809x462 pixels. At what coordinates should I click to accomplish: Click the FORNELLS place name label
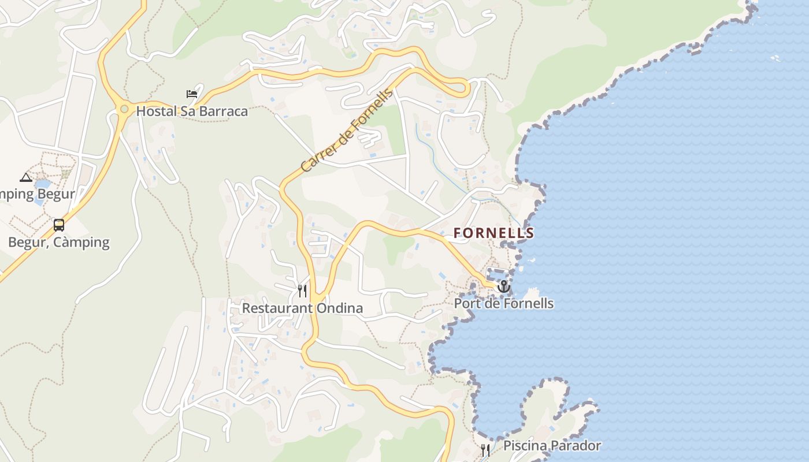(493, 233)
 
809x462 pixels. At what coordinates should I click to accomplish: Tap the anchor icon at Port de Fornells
(504, 286)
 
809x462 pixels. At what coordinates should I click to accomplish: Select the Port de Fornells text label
(504, 304)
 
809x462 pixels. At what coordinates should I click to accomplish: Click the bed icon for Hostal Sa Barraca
(192, 94)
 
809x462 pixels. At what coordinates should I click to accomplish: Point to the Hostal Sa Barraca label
(192, 111)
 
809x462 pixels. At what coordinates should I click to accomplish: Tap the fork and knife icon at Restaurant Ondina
(302, 290)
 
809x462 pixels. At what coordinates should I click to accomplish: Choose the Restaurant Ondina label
(302, 308)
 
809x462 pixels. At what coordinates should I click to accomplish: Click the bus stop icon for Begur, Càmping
(59, 225)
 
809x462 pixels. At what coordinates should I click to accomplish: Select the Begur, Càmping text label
(59, 242)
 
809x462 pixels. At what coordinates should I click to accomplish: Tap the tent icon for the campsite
(25, 177)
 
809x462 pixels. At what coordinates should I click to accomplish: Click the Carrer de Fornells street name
(347, 131)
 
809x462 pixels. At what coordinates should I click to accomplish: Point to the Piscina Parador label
(552, 446)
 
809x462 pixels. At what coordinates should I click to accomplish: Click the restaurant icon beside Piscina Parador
(485, 450)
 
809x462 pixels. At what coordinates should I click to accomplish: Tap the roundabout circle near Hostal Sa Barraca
(124, 109)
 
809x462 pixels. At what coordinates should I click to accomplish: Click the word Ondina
(340, 308)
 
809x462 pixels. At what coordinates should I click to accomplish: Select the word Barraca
(222, 111)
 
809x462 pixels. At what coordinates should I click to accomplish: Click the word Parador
(574, 446)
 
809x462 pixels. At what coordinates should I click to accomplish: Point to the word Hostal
(156, 111)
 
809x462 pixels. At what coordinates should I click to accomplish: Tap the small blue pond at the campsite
(42, 185)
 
